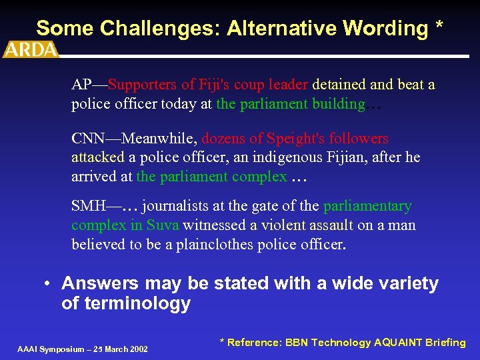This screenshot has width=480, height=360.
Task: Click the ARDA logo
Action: [x=31, y=49]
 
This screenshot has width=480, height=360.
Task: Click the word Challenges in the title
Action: [x=155, y=28]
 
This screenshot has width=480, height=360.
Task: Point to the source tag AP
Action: [x=81, y=85]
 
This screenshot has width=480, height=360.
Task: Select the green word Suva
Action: [x=163, y=225]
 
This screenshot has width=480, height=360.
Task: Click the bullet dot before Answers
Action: [x=49, y=284]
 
